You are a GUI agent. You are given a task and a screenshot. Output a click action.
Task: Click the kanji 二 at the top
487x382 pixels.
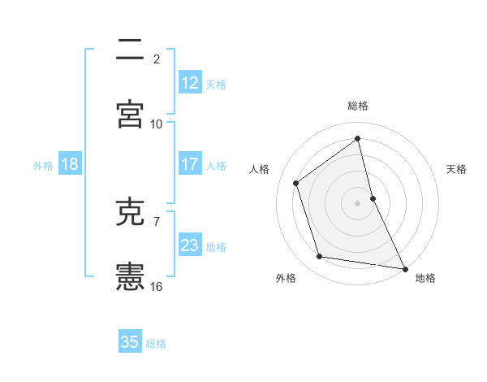[x=130, y=50]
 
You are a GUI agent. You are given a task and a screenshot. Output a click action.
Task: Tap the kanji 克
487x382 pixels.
[x=130, y=213]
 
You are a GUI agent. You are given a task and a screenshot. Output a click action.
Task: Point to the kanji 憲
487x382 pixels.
[x=130, y=277]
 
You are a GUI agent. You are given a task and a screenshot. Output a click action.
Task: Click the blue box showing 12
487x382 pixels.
[x=189, y=82]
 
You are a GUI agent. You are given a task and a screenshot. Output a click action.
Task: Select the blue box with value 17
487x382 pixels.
[x=189, y=164]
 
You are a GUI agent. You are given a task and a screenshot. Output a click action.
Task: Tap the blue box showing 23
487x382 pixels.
[x=189, y=245]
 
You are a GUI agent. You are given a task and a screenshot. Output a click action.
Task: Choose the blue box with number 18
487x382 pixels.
[x=69, y=164]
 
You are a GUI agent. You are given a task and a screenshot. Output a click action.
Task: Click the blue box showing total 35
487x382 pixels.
[x=130, y=342]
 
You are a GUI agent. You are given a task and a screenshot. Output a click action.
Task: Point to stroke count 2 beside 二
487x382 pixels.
[x=157, y=59]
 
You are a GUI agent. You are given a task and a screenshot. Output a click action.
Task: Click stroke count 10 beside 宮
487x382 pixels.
[x=157, y=124]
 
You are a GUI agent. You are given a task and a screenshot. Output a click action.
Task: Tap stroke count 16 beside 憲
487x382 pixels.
[x=157, y=286]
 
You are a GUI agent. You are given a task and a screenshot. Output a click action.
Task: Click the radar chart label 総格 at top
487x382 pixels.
[x=358, y=106]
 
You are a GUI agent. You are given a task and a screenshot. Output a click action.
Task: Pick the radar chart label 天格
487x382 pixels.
[x=457, y=169]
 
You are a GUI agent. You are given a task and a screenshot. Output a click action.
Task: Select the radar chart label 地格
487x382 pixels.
[x=425, y=278]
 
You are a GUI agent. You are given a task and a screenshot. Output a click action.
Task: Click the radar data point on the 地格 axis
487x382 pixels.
[x=404, y=267]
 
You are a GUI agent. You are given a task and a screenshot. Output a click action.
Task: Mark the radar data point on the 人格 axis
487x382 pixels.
[x=296, y=183]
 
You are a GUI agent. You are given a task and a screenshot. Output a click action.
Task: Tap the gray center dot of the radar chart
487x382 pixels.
[x=358, y=203]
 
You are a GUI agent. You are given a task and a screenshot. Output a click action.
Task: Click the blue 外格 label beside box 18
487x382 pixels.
[x=42, y=166]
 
